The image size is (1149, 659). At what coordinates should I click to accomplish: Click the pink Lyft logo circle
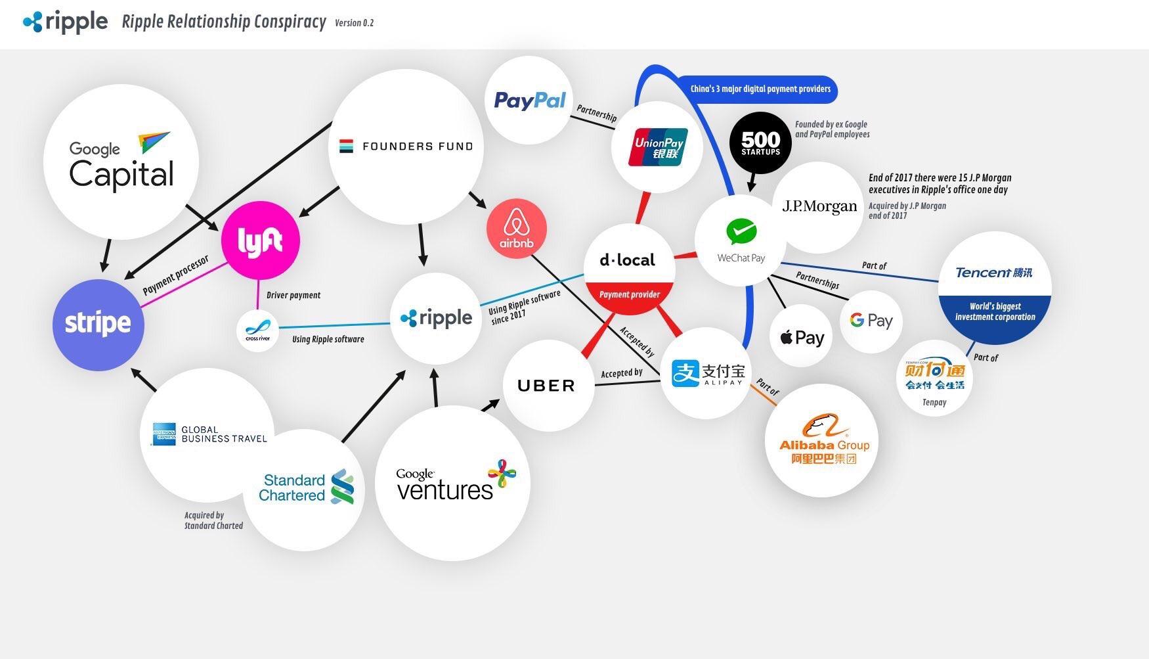click(261, 240)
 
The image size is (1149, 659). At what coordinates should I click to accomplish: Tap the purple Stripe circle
click(98, 325)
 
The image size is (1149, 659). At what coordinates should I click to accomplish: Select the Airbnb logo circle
click(517, 229)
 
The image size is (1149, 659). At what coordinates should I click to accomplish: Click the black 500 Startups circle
click(760, 143)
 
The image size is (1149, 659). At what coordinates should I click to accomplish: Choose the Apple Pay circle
click(801, 337)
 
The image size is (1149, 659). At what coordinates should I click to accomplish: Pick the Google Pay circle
click(871, 321)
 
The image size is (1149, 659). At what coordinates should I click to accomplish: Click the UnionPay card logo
click(658, 147)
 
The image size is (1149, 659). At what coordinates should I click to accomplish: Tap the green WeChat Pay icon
click(741, 232)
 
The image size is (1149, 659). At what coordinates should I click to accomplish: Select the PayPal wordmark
click(529, 101)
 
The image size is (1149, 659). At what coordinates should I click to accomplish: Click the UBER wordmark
click(546, 386)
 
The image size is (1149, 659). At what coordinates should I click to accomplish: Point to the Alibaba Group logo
click(823, 439)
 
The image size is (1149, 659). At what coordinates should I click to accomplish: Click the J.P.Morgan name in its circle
click(819, 206)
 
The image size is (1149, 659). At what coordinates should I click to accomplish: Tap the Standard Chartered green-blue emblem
click(343, 487)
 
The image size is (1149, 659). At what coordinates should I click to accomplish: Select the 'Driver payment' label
click(293, 295)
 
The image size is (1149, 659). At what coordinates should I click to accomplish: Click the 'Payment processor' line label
click(176, 275)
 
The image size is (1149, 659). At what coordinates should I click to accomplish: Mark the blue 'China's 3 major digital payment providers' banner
click(760, 89)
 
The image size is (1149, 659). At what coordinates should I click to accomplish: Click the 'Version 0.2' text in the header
click(354, 23)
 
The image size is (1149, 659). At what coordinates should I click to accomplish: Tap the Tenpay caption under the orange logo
click(934, 402)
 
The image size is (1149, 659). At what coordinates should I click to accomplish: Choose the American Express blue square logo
click(164, 434)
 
